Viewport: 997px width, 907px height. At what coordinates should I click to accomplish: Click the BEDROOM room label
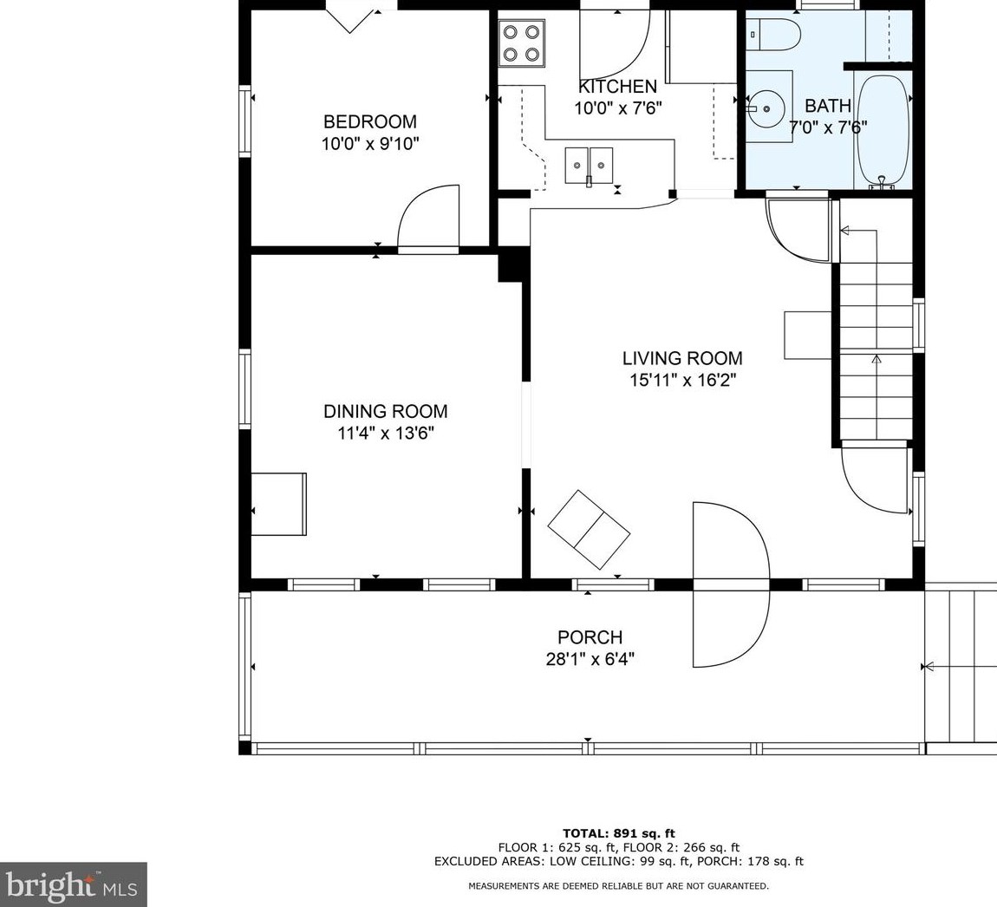370,121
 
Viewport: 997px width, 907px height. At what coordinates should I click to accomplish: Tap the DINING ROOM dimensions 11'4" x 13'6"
386,434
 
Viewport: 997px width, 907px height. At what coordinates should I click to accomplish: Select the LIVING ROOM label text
682,358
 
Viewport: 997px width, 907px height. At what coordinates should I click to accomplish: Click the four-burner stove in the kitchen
522,43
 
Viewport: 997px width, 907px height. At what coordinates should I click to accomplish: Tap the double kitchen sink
590,166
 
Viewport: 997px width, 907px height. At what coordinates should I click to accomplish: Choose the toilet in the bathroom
772,35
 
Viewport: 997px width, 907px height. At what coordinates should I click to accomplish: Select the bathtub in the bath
883,131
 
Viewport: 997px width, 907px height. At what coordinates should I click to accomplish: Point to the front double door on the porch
731,584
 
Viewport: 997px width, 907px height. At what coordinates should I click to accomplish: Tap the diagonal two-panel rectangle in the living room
589,530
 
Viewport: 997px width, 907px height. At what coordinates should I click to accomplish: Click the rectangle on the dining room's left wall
279,505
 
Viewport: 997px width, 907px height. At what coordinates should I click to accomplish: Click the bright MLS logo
74,884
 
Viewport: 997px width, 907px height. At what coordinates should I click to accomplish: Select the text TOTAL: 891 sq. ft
619,833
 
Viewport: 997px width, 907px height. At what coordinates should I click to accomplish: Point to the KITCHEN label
617,87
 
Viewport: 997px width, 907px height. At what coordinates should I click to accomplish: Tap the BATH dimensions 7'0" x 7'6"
828,127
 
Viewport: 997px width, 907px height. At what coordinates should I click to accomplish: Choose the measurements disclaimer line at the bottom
619,885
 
